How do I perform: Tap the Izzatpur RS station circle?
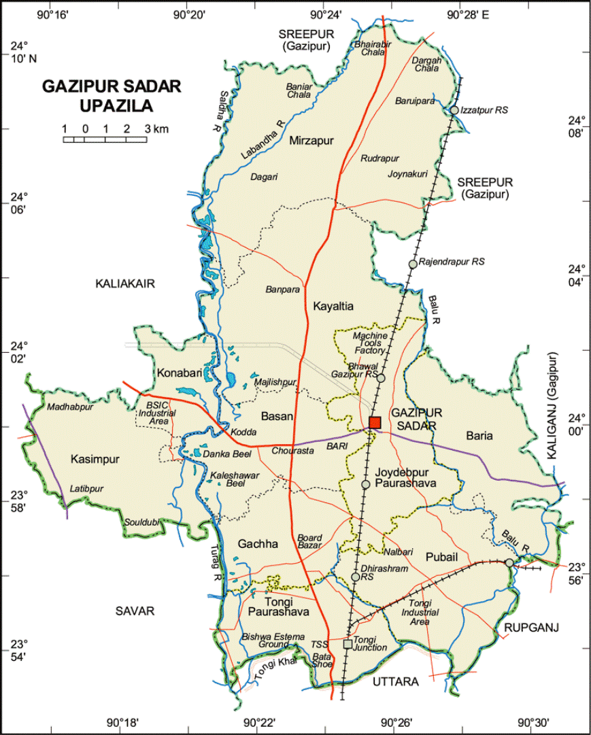click(454, 110)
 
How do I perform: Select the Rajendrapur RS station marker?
click(413, 264)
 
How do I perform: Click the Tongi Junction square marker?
click(348, 643)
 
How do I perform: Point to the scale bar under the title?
click(105, 139)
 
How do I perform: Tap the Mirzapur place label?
click(310, 141)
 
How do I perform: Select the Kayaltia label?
click(333, 307)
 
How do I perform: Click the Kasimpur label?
click(95, 459)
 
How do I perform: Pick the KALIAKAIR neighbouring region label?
click(125, 284)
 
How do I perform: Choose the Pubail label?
click(441, 557)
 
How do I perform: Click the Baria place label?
click(480, 435)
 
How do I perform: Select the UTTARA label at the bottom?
click(395, 681)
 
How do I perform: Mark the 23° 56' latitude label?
click(577, 573)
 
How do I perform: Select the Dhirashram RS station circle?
click(355, 577)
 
